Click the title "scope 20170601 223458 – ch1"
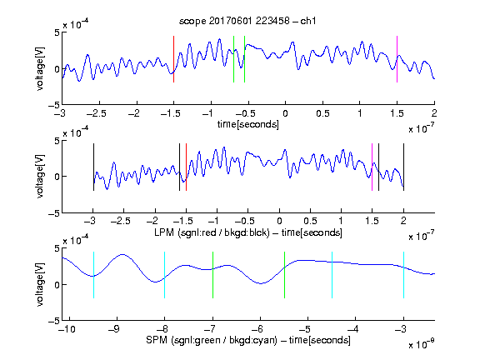[x=247, y=21]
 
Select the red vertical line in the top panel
[x=174, y=59]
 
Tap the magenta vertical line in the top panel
[x=397, y=59]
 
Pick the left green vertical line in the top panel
[x=233, y=59]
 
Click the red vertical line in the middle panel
[x=186, y=167]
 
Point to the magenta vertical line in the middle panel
[x=372, y=167]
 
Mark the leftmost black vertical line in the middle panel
[x=93, y=167]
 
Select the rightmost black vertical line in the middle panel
[x=404, y=167]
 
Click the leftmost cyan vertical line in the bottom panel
[x=93, y=275]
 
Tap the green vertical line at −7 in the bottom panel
[x=212, y=275]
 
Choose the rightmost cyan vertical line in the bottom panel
[x=404, y=275]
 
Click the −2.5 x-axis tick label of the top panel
[x=97, y=113]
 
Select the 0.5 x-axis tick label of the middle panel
[x=310, y=221]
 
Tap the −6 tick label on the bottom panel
[x=257, y=329]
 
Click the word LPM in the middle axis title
[x=164, y=232]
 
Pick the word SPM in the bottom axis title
[x=157, y=340]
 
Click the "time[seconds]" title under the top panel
[x=248, y=124]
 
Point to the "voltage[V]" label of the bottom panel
[x=40, y=284]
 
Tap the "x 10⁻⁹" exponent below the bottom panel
[x=422, y=344]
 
